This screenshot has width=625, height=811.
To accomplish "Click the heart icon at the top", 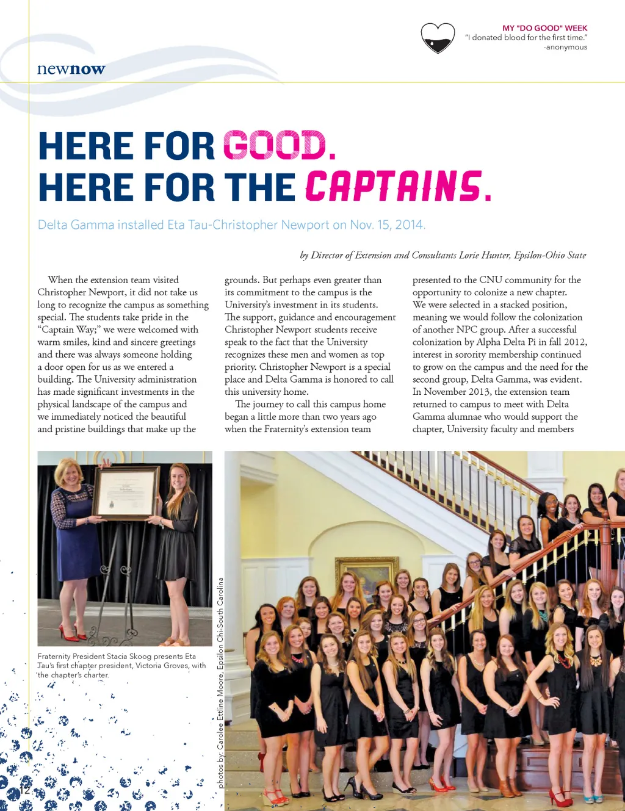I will tap(438, 38).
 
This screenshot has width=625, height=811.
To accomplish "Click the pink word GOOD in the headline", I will tap(275, 146).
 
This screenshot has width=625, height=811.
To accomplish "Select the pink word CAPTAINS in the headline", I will tap(394, 187).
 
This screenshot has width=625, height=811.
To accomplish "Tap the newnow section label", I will tap(71, 69).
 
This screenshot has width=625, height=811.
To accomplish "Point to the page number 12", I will tap(24, 789).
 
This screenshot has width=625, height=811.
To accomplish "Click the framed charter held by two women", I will tap(126, 493).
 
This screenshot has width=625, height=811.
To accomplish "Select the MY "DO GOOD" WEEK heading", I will tap(544, 28).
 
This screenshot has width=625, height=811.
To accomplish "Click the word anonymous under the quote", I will tap(566, 47).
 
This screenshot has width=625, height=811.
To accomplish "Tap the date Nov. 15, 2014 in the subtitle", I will tap(387, 225).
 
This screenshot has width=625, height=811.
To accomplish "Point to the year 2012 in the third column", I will tap(574, 342).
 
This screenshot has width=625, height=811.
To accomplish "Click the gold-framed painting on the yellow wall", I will tap(368, 571).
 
